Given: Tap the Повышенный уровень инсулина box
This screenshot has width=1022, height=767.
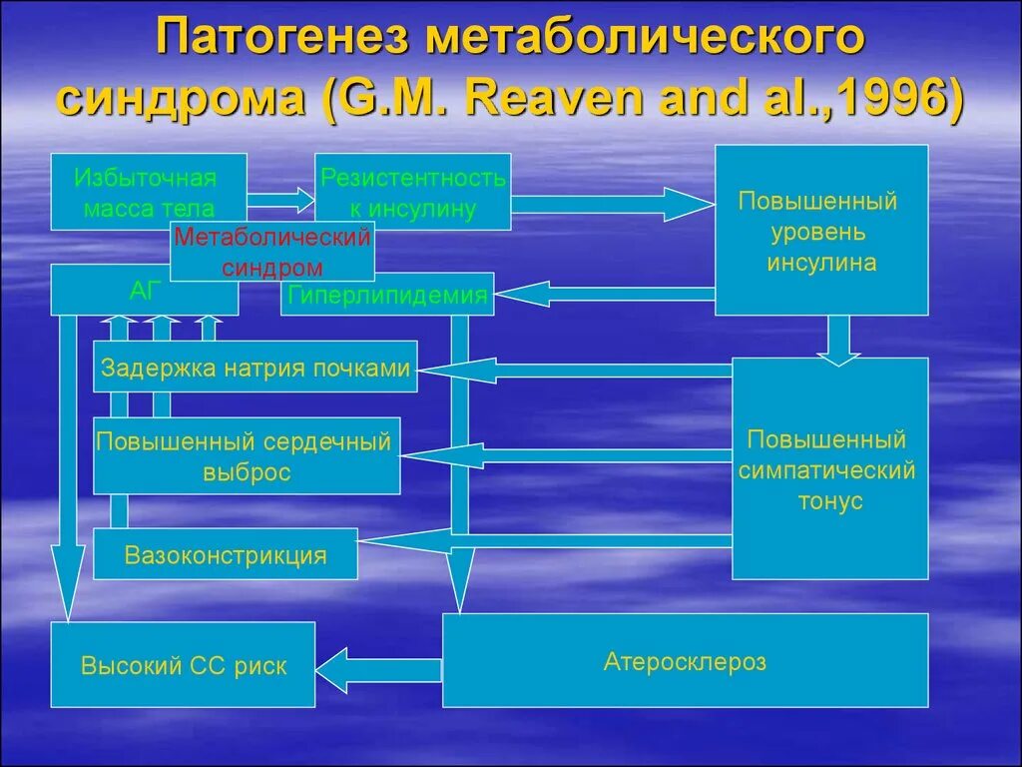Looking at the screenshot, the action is pos(821,230).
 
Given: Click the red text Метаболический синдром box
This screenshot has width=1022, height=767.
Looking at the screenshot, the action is pos(271,252).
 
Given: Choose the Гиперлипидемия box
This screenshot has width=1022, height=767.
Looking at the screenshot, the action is pos(387,295).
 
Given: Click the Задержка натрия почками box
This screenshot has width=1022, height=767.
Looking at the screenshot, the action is pos(255,368).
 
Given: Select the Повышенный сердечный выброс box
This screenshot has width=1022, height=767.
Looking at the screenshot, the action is pos(246,456).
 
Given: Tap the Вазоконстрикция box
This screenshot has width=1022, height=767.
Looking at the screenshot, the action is pos(226,554).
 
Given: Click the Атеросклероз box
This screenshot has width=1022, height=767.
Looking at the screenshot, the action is pos(685,660).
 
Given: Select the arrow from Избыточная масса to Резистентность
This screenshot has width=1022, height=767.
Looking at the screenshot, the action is pos(281,202).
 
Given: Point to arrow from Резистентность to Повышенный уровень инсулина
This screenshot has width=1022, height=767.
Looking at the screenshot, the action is pos(611,204).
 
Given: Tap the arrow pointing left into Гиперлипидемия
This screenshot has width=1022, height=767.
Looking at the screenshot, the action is pos(605,294).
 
